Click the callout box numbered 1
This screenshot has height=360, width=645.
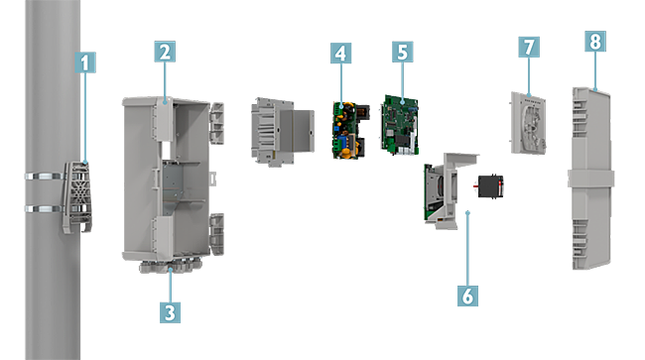85,62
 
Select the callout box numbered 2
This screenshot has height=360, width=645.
165,52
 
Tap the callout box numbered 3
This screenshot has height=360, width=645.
170,312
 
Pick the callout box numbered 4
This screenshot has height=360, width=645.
341,53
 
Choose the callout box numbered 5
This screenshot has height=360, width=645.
403,52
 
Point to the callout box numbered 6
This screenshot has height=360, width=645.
468,296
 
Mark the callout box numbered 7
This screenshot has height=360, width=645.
529,47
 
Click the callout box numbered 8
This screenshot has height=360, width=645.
595,41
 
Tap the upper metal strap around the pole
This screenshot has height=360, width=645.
46,177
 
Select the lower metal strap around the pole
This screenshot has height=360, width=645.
45,209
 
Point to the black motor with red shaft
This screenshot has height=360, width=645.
489,185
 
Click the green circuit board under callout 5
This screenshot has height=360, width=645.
400,125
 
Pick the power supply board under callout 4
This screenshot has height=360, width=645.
349,130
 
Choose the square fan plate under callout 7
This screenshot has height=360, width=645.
529,123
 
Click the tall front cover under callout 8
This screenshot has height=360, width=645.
591,179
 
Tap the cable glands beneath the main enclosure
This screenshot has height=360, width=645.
171,266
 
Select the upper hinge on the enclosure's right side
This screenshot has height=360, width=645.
217,123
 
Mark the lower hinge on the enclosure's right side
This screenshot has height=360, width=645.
217,234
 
